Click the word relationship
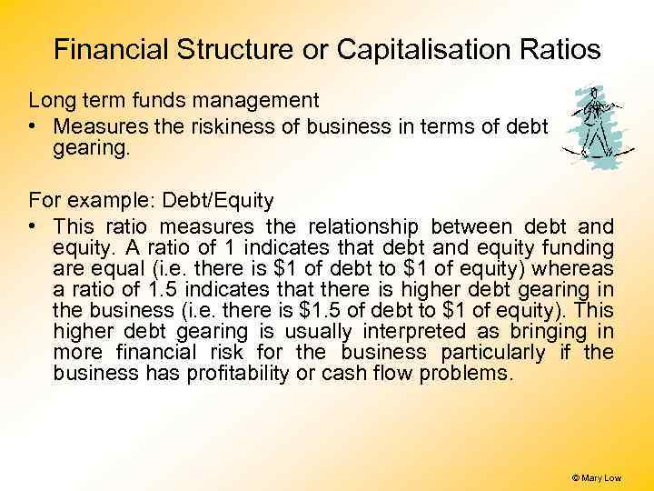click(362, 226)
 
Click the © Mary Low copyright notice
click(596, 477)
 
